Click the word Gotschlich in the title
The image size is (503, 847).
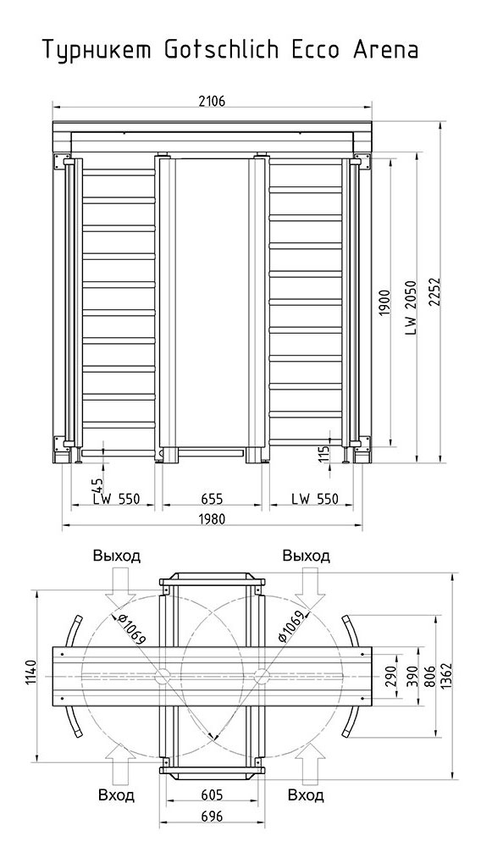(222, 50)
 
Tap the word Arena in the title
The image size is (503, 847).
(385, 50)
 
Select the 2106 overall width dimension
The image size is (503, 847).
(212, 100)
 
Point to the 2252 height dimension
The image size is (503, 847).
(435, 293)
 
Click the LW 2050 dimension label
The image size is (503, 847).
(412, 307)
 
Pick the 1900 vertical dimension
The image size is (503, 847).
(384, 304)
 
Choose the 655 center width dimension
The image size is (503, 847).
(212, 498)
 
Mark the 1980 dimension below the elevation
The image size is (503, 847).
(212, 519)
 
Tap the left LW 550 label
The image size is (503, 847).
(116, 498)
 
